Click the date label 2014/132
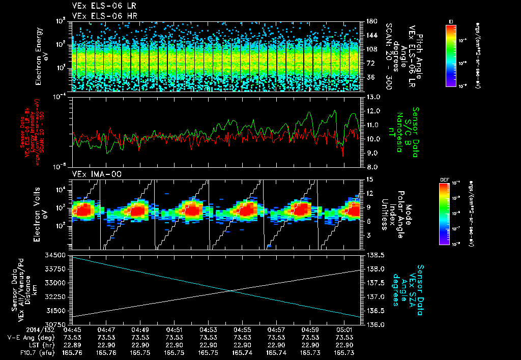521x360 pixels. pyautogui.click(x=22, y=329)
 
